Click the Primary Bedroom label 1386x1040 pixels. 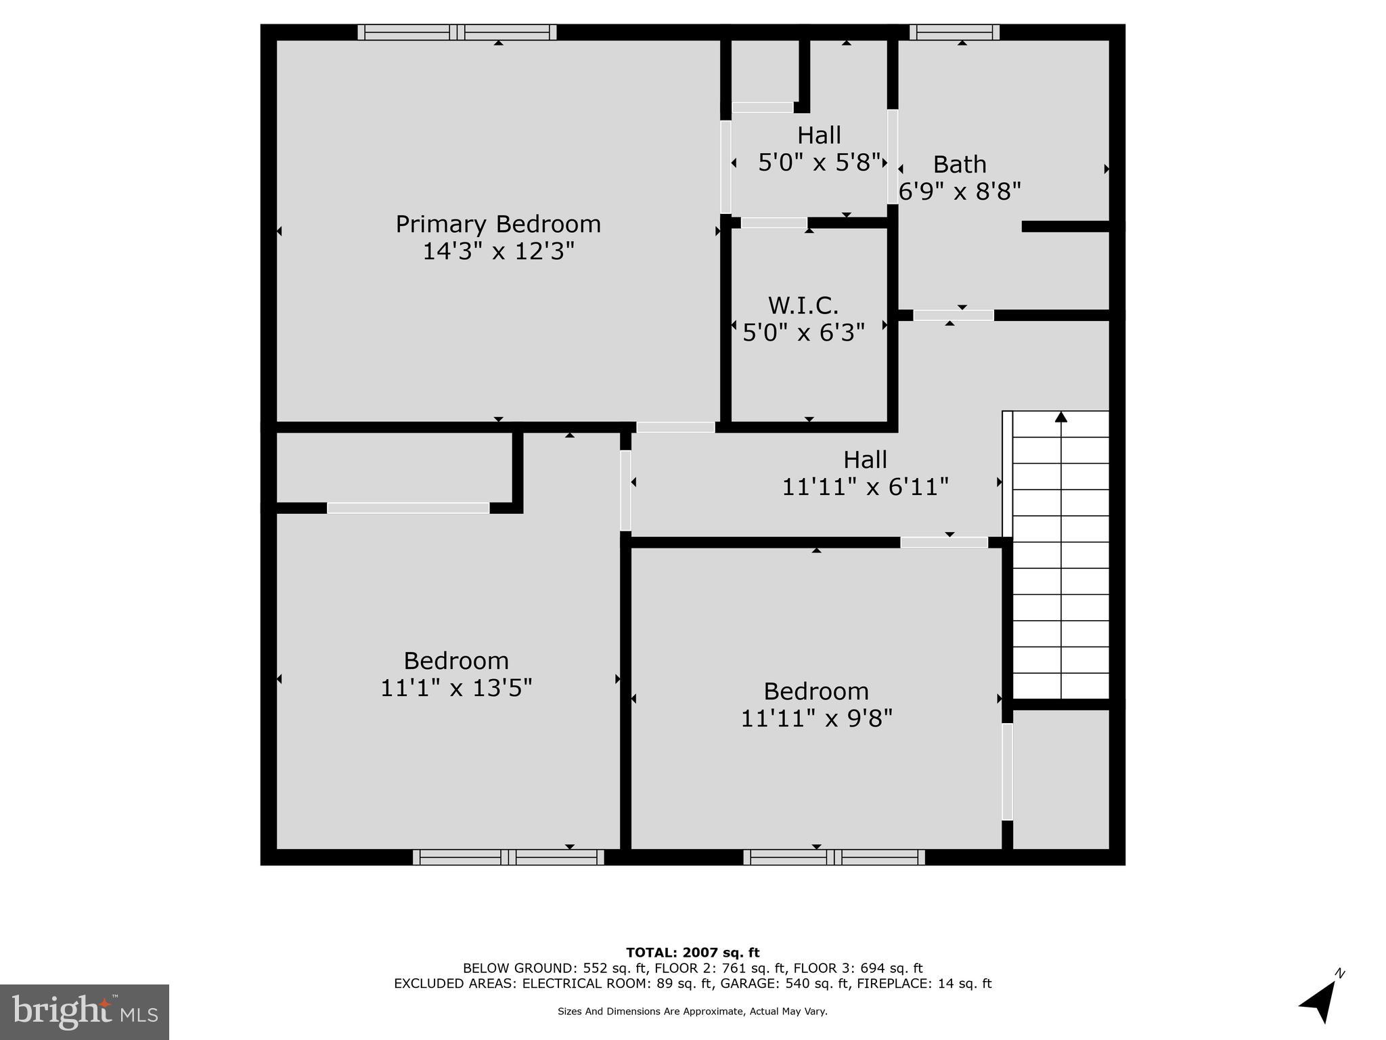point(498,224)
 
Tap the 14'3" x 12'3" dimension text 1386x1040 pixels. point(498,252)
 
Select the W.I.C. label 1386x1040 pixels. point(803,305)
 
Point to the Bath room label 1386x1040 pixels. point(960,165)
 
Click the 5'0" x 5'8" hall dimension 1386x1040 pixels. point(819,162)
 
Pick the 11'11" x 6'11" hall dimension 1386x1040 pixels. point(865,487)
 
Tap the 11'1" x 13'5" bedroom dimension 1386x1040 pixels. point(456,688)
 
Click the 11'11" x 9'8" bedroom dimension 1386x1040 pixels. point(816,718)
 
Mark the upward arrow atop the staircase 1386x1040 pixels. point(1060,418)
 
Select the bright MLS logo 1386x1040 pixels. point(85,1012)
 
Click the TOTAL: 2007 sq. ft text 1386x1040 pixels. point(692,953)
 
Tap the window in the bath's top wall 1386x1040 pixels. point(954,32)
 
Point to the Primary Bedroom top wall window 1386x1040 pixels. point(457,32)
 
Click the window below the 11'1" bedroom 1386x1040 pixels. point(508,857)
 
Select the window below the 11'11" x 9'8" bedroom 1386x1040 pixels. point(834,857)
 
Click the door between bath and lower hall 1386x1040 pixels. point(953,316)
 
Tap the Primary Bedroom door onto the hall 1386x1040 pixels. point(675,427)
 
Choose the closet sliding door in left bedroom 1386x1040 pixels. point(408,508)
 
